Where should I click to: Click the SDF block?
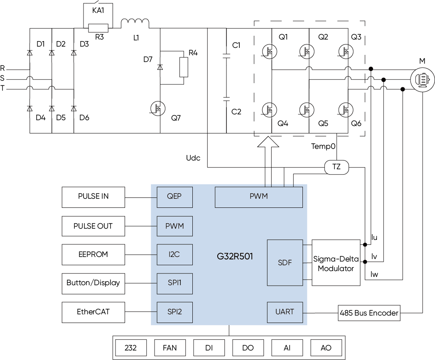tap(285, 262)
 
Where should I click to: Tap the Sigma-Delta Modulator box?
tap(336, 262)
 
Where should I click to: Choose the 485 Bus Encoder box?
tap(369, 313)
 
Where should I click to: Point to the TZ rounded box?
tap(336, 168)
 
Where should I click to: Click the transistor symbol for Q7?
tap(158, 108)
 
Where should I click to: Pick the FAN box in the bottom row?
tap(170, 348)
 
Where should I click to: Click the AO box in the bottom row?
tap(326, 348)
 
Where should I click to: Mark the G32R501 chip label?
tap(235, 256)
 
